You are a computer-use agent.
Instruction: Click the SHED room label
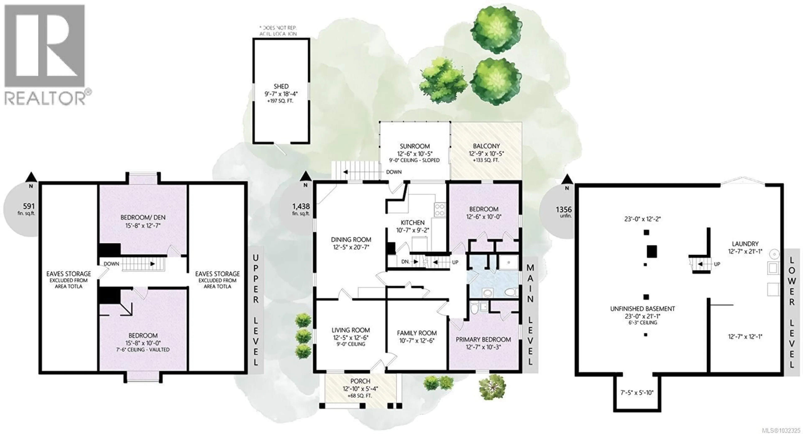(x=281, y=86)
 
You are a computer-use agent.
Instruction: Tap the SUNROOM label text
(x=415, y=146)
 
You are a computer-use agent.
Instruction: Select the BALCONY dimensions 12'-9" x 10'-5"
(x=486, y=154)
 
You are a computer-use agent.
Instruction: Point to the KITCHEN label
(x=412, y=222)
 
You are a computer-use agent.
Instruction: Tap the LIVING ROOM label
(x=350, y=330)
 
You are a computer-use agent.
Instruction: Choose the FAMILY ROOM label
(x=417, y=333)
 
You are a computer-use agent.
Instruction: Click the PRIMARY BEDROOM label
(x=483, y=339)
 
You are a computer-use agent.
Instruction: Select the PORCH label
(x=360, y=381)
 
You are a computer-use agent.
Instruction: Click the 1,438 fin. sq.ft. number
(x=301, y=206)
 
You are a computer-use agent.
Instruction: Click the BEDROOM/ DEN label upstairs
(x=143, y=217)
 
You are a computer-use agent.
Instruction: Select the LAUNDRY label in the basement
(x=745, y=244)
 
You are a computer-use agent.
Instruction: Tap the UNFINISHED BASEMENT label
(x=642, y=309)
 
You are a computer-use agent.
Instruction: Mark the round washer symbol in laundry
(x=773, y=254)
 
